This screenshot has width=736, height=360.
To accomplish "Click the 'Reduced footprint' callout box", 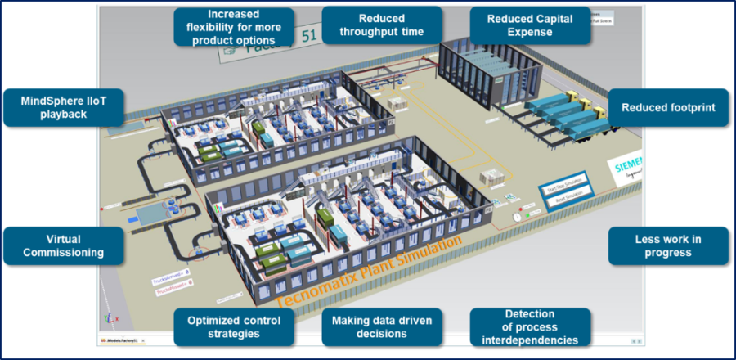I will (668, 107).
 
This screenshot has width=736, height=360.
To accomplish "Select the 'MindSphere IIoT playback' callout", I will (63, 107).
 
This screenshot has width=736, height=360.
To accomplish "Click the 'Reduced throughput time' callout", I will (382, 25).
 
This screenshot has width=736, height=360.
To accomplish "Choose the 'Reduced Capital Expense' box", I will (531, 25).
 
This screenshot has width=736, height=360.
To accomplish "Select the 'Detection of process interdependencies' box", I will (530, 326).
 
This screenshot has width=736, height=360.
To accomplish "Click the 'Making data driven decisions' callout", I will (382, 326).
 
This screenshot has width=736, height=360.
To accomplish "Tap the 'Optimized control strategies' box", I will (235, 326).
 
